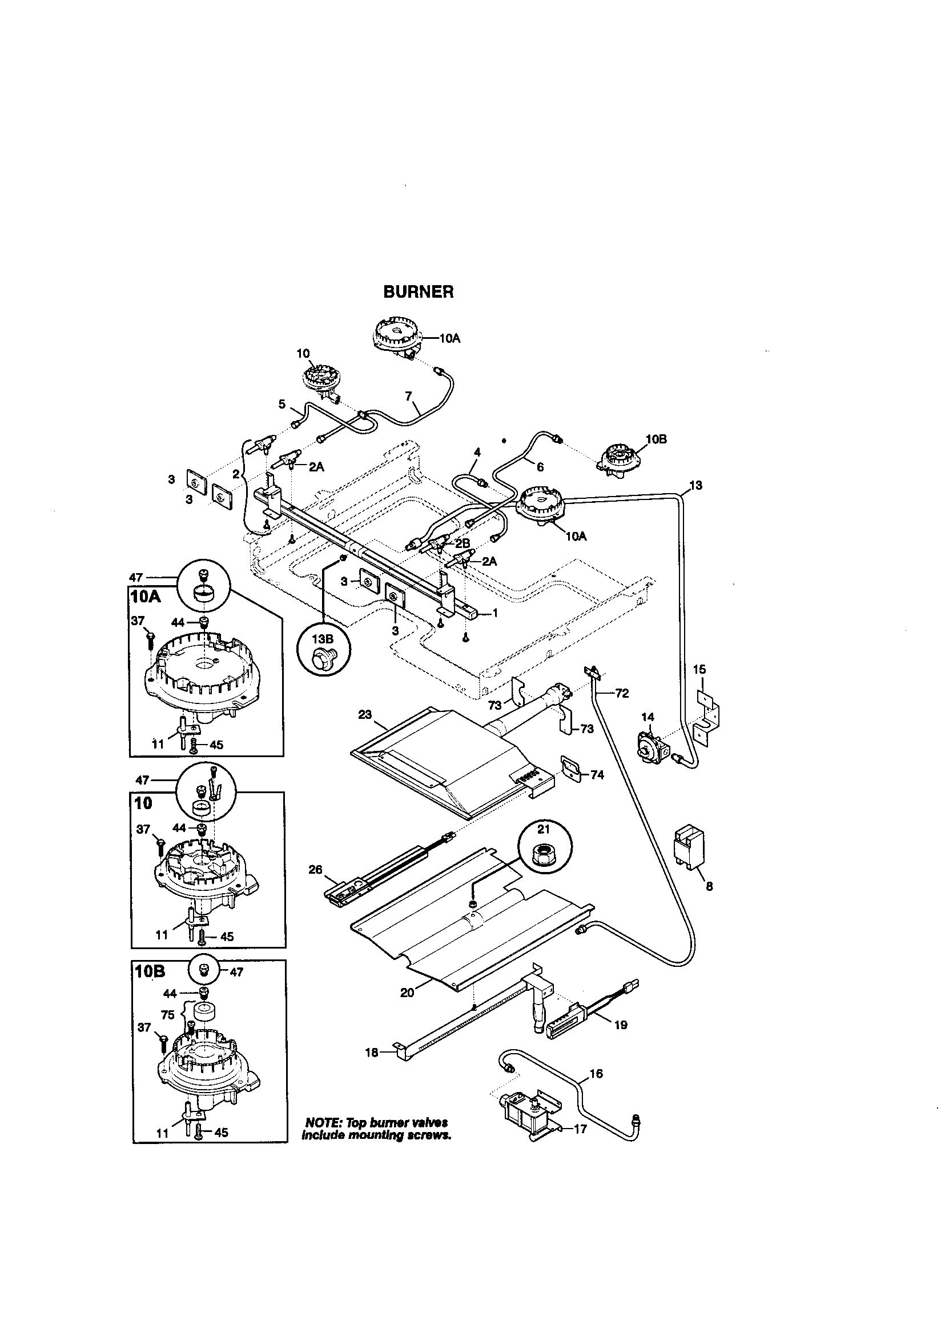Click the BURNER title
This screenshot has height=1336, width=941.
418,292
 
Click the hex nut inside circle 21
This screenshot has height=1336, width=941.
544,855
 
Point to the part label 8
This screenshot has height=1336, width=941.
709,887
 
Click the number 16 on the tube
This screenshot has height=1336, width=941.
596,1074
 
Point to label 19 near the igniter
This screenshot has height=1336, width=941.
621,1025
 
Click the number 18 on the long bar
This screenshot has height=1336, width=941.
371,1052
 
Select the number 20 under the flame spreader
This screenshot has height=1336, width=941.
407,993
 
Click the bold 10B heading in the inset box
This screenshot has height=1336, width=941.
151,973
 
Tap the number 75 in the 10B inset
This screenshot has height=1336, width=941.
168,1015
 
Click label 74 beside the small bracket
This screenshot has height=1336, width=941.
597,774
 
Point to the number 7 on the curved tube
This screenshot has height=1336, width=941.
408,396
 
